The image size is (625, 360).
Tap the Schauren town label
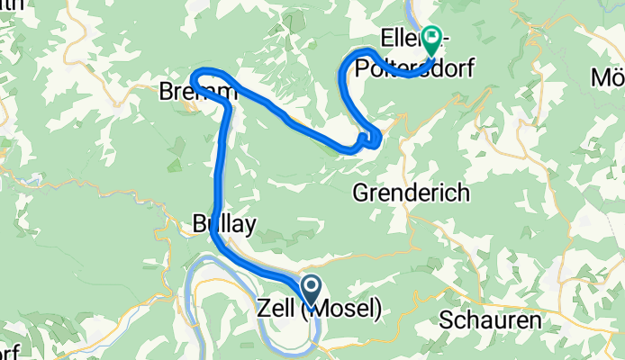click(490, 320)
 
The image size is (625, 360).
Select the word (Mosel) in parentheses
click(343, 309)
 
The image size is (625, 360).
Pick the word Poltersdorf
click(404, 68)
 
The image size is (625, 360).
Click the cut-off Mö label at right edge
click(610, 77)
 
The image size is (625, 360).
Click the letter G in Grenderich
click(359, 192)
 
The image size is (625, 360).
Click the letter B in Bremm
click(165, 92)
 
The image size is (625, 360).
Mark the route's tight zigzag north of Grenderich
click(367, 139)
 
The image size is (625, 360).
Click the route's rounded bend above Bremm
click(206, 72)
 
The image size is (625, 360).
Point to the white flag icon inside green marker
click(432, 38)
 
